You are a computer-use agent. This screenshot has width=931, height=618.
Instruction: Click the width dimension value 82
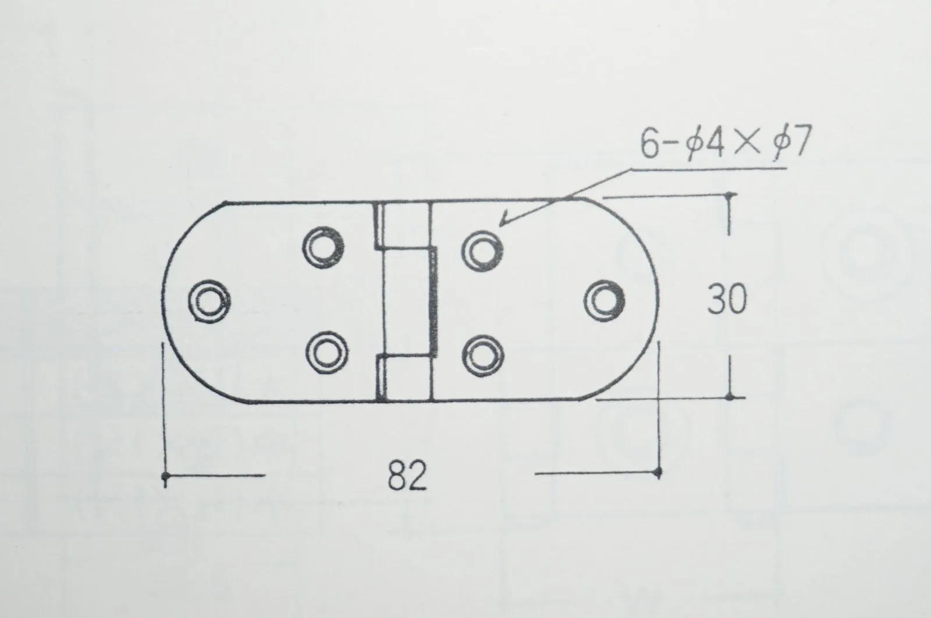click(407, 475)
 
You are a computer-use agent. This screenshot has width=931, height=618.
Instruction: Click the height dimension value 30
click(727, 299)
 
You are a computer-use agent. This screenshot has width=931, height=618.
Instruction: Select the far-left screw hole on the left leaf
click(209, 301)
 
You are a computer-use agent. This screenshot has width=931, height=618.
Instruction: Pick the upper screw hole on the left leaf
click(324, 247)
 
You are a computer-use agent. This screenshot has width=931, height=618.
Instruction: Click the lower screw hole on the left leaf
click(326, 353)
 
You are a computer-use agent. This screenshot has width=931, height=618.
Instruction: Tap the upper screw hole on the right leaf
click(482, 251)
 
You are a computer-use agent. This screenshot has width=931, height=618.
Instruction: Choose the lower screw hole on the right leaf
click(483, 356)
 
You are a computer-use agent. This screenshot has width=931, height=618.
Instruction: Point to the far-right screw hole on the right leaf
click(604, 300)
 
